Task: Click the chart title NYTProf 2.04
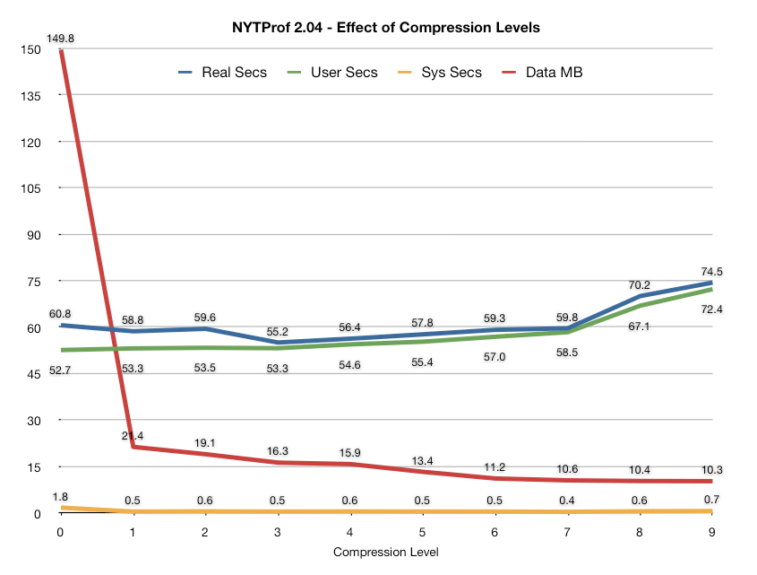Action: [385, 27]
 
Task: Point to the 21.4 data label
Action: [133, 436]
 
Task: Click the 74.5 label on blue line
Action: [713, 272]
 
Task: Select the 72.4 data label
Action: [713, 309]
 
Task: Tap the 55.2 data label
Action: [278, 332]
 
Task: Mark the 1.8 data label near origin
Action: [61, 495]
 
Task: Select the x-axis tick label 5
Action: [423, 532]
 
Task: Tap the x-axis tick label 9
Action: [713, 532]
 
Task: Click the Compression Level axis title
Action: [386, 552]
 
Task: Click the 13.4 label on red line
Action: [423, 461]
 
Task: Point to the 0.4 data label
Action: [568, 500]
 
